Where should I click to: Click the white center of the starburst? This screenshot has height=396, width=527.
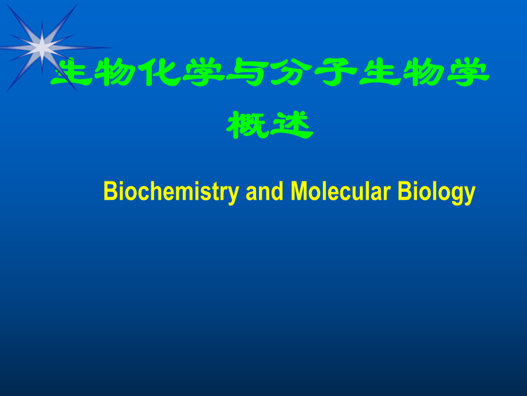point(42,47)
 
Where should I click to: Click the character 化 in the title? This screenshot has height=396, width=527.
point(157,73)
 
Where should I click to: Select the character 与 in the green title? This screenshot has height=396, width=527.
point(244,73)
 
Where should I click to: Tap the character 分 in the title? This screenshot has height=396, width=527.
point(288,73)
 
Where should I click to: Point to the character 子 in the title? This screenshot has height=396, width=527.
point(332,73)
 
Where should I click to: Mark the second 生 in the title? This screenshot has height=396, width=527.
point(375,73)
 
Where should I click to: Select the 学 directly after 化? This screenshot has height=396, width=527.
point(200,73)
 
